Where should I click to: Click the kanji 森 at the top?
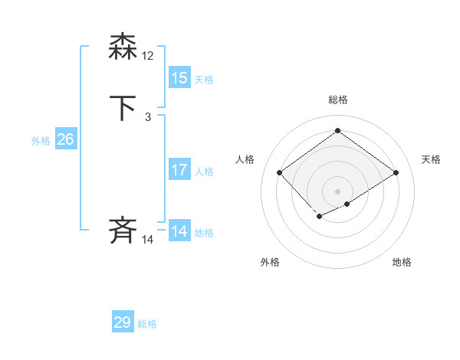tap(123, 47)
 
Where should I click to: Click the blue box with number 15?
tap(179, 78)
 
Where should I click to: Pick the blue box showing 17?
tap(179, 170)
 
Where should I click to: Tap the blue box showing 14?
tap(179, 231)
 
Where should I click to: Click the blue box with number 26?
tap(65, 139)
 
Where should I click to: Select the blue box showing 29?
tap(123, 322)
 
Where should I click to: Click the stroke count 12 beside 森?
tap(148, 56)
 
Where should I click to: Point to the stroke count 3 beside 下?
tap(148, 117)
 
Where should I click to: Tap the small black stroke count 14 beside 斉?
tap(148, 240)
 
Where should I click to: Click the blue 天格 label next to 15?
tap(204, 80)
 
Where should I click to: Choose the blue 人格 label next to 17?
tap(204, 172)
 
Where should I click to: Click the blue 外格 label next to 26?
tap(41, 141)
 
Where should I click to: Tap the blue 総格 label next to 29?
tap(147, 324)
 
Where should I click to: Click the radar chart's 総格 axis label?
tap(338, 100)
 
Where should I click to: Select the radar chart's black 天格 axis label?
tap(431, 159)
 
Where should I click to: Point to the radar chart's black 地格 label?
tap(402, 262)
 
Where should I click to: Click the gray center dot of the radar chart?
tap(337, 191)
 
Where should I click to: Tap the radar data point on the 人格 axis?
tap(280, 173)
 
